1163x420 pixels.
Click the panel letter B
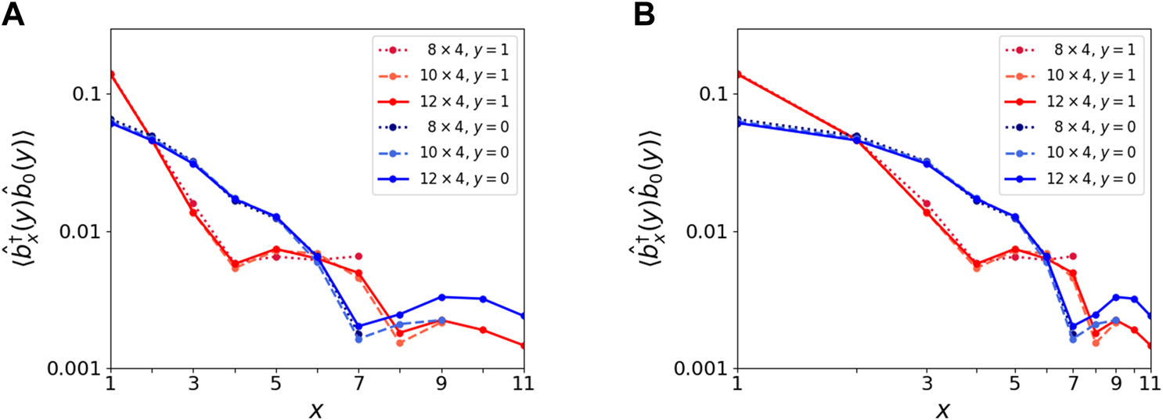[643, 15]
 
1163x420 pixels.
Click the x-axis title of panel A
[317, 409]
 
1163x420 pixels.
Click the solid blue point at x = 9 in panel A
[441, 297]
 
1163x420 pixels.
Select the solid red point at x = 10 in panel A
[483, 330]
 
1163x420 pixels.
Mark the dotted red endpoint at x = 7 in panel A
[358, 256]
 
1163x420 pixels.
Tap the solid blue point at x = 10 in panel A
[483, 299]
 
